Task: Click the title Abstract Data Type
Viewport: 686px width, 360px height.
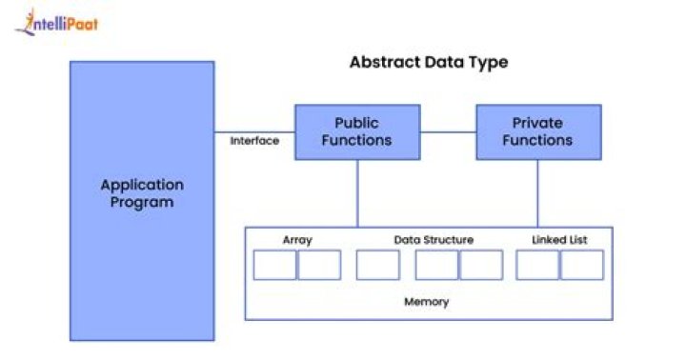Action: point(429,63)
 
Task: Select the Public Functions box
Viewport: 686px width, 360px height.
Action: point(356,131)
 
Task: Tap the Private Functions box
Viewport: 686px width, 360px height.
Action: point(538,131)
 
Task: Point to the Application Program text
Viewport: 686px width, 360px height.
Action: point(142,193)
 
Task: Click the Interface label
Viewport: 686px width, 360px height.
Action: point(254,141)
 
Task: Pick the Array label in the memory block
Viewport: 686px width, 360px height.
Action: point(297,240)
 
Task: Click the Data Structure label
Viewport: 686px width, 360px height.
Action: point(434,240)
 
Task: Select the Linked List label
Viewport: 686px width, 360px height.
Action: point(559,240)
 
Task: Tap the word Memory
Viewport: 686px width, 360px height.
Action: point(427,302)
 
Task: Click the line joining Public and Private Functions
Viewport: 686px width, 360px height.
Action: point(447,131)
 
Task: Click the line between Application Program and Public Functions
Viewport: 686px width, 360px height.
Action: point(254,131)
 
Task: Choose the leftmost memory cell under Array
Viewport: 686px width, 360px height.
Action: point(274,265)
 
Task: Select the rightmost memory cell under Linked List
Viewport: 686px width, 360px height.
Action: point(581,265)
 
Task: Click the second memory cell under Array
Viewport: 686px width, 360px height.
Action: point(319,265)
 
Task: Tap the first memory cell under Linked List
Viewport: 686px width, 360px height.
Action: point(537,265)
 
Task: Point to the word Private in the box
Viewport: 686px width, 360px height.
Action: point(538,123)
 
